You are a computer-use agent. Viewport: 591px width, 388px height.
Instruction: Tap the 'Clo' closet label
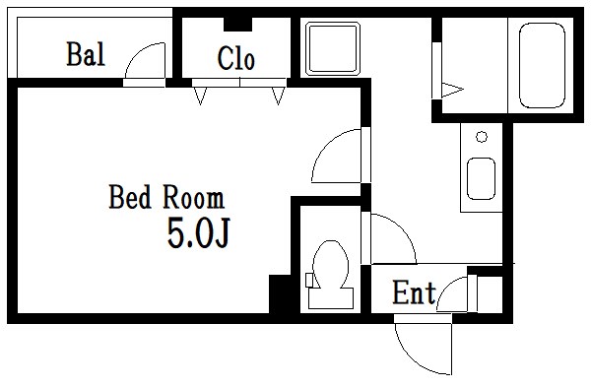[236, 59]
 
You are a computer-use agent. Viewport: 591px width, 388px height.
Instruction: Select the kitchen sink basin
[483, 180]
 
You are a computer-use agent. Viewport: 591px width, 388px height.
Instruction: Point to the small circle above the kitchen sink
[481, 136]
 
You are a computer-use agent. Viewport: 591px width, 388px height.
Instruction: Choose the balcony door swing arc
[145, 64]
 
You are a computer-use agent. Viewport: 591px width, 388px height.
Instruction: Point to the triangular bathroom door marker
[452, 90]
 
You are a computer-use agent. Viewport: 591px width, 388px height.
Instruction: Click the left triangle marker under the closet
[201, 96]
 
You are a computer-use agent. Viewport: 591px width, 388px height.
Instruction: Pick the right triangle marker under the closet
[279, 96]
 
